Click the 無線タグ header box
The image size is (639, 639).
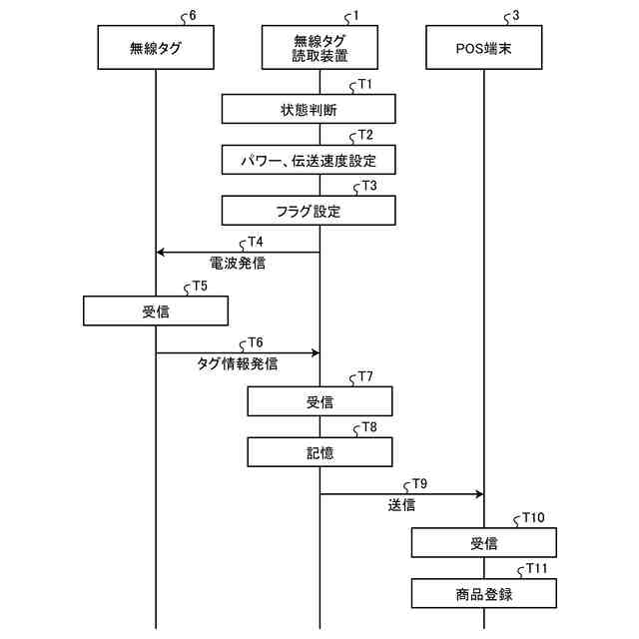pyautogui.click(x=156, y=47)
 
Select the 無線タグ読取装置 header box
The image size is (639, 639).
pyautogui.click(x=319, y=47)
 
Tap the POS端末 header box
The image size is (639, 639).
pyautogui.click(x=483, y=47)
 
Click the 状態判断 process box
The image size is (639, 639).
pyautogui.click(x=309, y=108)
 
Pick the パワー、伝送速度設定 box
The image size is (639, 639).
pyautogui.click(x=309, y=159)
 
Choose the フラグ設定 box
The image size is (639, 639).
pyautogui.click(x=309, y=210)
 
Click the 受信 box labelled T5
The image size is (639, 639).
pyautogui.click(x=156, y=312)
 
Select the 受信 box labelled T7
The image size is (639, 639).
pyautogui.click(x=319, y=401)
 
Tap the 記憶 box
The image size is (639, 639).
pyautogui.click(x=319, y=452)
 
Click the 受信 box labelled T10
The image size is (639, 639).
pyautogui.click(x=483, y=543)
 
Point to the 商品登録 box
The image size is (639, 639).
pyautogui.click(x=483, y=594)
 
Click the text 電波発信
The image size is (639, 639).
pyautogui.click(x=238, y=265)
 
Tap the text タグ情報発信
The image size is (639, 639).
pyautogui.click(x=238, y=365)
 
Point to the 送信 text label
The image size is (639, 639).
pyautogui.click(x=401, y=506)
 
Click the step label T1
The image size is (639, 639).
pyautogui.click(x=364, y=84)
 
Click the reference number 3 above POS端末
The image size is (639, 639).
pyautogui.click(x=515, y=16)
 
